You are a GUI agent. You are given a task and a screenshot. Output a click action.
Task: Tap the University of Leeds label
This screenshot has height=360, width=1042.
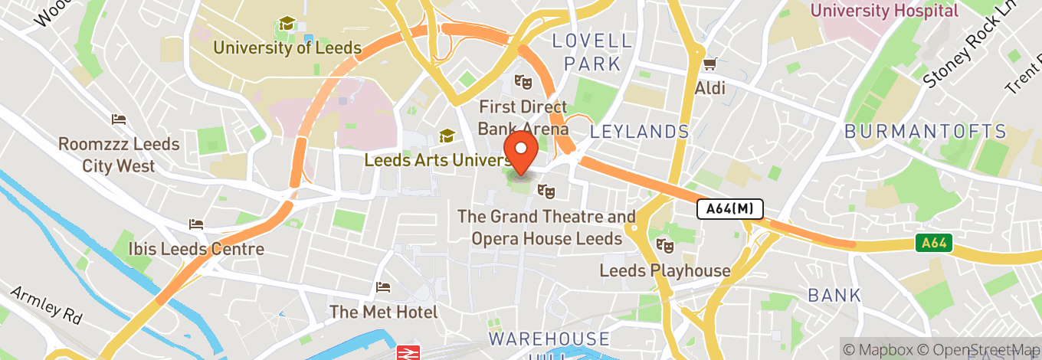pyautogui.click(x=287, y=47)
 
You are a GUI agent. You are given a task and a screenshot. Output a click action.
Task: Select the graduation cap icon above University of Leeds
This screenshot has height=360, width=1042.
pyautogui.click(x=287, y=25)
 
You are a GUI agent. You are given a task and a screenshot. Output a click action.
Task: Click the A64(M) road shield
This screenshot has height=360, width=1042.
pyautogui.click(x=729, y=208)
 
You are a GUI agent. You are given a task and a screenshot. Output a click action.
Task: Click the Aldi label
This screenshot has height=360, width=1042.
pyautogui.click(x=710, y=89)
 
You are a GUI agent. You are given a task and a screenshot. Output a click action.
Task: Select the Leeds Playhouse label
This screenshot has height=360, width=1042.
pyautogui.click(x=664, y=270)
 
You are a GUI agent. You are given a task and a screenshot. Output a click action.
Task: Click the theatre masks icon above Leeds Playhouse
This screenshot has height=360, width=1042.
pyautogui.click(x=664, y=247)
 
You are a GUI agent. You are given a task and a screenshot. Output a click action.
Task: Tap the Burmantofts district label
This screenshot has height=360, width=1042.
pyautogui.click(x=925, y=132)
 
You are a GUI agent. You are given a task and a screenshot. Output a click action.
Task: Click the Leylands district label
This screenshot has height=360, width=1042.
pyautogui.click(x=640, y=132)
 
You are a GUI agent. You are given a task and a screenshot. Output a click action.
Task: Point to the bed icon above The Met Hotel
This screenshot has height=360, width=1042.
pyautogui.click(x=384, y=288)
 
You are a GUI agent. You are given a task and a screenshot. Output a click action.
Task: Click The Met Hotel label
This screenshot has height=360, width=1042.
pyautogui.click(x=384, y=312)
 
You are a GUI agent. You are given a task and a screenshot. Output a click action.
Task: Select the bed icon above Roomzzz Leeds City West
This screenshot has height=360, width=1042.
pyautogui.click(x=119, y=119)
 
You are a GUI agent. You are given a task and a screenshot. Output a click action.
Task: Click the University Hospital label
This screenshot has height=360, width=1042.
pyautogui.click(x=883, y=11)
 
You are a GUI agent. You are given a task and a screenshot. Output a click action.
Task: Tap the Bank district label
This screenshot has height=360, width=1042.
pyautogui.click(x=834, y=295)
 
